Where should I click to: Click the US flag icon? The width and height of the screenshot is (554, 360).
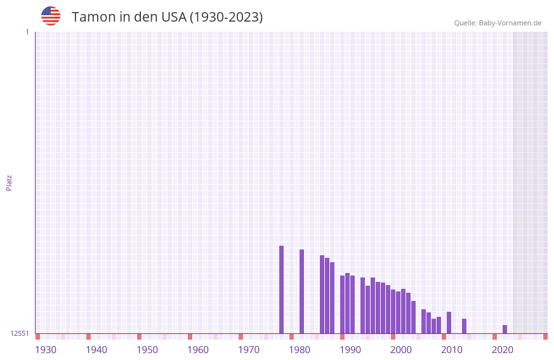click(51, 16)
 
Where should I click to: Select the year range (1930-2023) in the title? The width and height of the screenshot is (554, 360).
click(226, 17)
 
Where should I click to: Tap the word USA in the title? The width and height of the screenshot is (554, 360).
click(174, 17)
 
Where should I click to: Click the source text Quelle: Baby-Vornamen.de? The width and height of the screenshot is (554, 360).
click(498, 23)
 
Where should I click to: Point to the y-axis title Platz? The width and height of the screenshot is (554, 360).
click(9, 182)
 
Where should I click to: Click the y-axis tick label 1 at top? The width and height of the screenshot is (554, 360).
click(27, 32)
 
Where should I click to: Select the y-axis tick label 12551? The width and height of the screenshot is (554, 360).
click(20, 333)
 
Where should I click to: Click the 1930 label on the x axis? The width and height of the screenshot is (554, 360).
click(46, 350)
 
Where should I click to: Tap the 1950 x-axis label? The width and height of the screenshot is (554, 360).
click(147, 350)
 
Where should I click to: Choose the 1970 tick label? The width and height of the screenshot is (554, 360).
click(249, 350)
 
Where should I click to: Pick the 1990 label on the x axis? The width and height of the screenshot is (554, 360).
click(350, 350)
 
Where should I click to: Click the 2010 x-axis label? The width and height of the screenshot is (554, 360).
click(452, 350)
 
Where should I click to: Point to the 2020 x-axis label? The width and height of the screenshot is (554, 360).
click(503, 350)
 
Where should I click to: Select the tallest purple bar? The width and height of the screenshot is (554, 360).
click(282, 290)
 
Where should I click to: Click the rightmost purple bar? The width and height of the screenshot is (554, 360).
click(505, 329)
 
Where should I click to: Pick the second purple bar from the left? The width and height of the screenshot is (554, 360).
click(302, 291)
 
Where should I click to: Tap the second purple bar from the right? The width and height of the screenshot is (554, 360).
click(465, 326)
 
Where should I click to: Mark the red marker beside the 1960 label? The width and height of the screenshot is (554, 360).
click(190, 337)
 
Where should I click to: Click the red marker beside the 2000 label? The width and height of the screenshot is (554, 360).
click(393, 337)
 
